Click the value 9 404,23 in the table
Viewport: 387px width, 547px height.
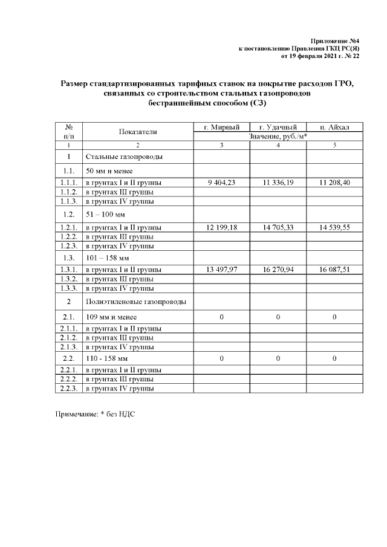221,183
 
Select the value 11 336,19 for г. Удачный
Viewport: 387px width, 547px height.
278,183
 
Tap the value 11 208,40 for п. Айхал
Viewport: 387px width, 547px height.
334,183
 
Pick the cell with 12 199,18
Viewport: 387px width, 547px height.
221,227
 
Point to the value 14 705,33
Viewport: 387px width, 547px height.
278,227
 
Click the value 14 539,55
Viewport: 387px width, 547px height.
334,227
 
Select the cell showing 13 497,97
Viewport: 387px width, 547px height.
221,270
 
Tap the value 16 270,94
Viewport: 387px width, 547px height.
278,270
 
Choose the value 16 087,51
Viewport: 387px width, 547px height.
334,270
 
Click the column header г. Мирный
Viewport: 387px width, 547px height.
221,127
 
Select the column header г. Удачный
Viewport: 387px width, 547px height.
278,127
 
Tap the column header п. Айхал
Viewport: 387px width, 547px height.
334,127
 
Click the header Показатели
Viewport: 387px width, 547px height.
138,131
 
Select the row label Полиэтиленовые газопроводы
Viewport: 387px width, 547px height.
135,301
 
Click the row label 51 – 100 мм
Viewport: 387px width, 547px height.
104,214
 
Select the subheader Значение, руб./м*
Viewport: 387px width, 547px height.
278,136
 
